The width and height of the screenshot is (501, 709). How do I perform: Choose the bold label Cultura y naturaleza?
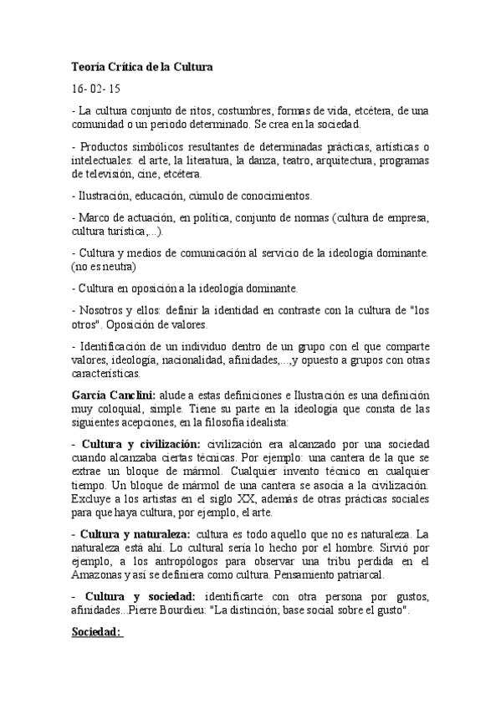pyautogui.click(x=135, y=533)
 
